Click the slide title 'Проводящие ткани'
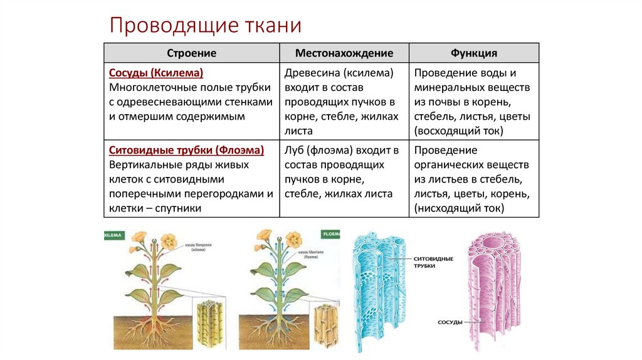[206, 26]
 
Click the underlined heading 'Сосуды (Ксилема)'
[156, 73]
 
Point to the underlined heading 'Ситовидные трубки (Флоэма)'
[186, 151]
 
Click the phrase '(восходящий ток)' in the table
[458, 131]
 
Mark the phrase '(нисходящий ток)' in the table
[459, 208]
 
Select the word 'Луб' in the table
[295, 151]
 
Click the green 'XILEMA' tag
[114, 235]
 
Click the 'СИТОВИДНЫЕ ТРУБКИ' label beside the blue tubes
[433, 262]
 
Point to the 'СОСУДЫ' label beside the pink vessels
[450, 322]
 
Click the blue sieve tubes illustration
[376, 289]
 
